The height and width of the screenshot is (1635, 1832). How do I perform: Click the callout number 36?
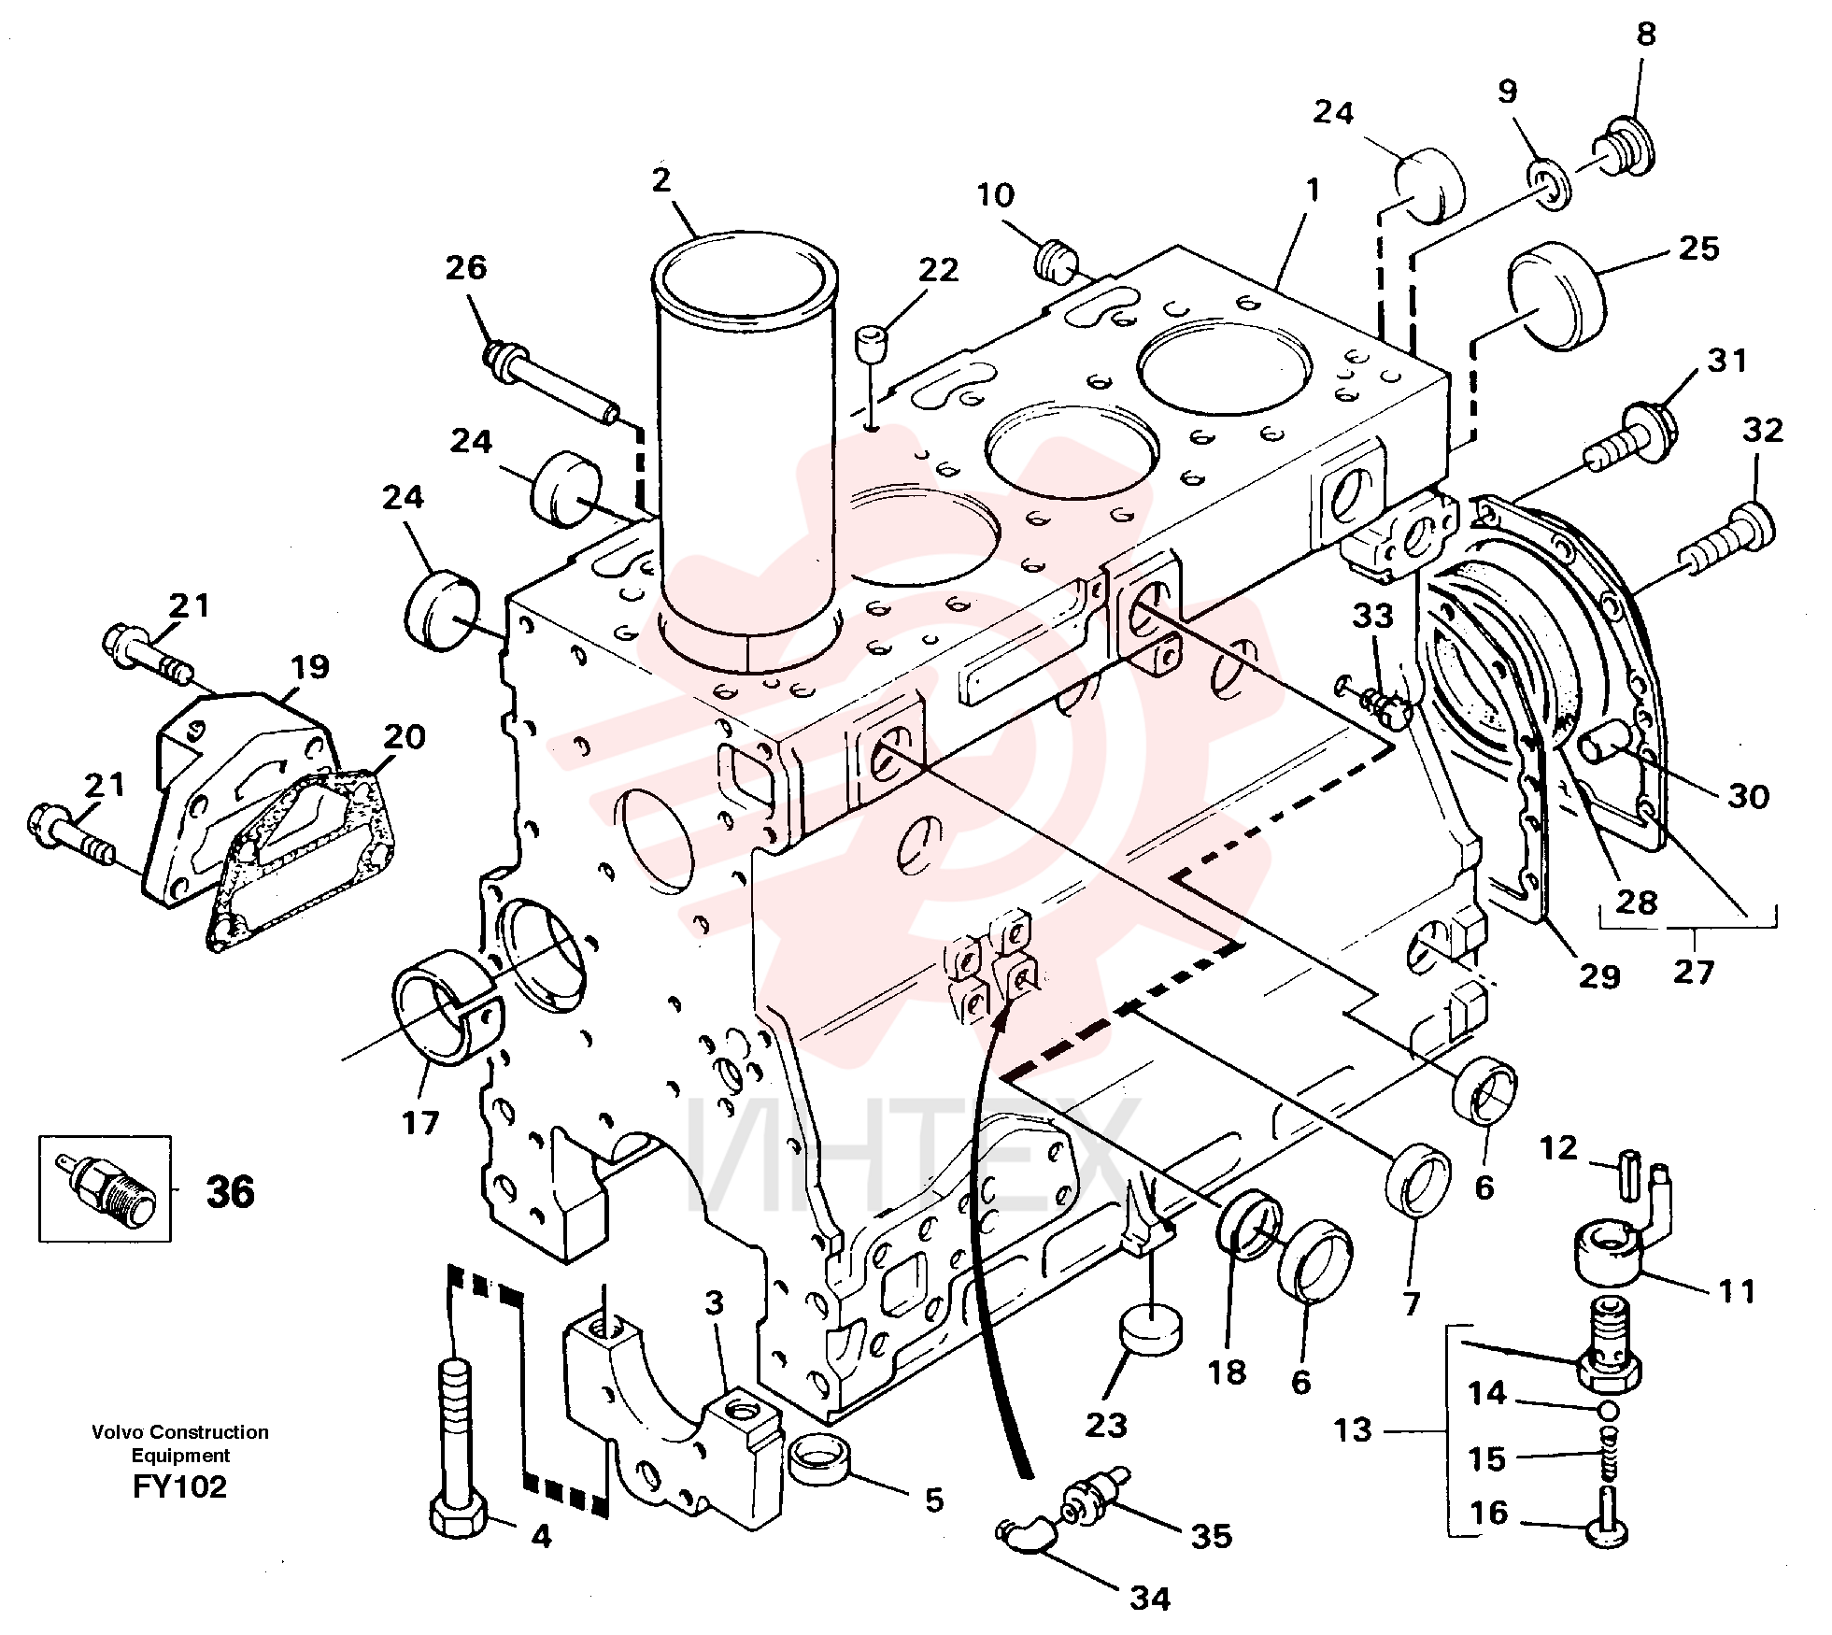pyautogui.click(x=230, y=1192)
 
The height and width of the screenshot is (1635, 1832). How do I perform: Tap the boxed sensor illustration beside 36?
pyautogui.click(x=105, y=1189)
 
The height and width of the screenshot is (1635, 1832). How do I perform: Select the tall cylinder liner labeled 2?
pyautogui.click(x=745, y=451)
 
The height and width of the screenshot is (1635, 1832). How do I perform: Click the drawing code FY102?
pyautogui.click(x=179, y=1486)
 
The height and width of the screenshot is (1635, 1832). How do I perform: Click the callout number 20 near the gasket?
pyautogui.click(x=404, y=737)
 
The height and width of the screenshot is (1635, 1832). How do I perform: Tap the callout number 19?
pyautogui.click(x=310, y=667)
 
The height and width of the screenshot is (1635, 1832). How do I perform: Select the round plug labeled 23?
pyautogui.click(x=1149, y=1329)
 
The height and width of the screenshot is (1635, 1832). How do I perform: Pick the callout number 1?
pyautogui.click(x=1313, y=191)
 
